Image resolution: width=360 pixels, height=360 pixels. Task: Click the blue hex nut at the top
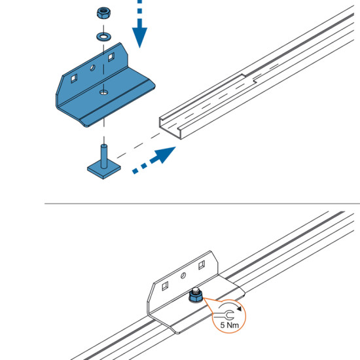(x=104, y=13)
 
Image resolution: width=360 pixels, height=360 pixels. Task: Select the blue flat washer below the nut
(x=103, y=37)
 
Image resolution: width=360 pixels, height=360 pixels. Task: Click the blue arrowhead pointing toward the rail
(x=165, y=154)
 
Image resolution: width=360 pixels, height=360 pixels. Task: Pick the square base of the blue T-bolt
(x=104, y=170)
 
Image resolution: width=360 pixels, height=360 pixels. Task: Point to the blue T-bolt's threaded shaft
(x=104, y=156)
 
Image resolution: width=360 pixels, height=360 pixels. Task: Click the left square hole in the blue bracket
(x=74, y=79)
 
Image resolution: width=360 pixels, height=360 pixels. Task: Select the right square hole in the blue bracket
(x=111, y=57)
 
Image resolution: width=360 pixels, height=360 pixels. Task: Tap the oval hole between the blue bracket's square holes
(x=92, y=67)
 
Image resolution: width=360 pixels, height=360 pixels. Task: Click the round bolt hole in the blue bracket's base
(x=103, y=92)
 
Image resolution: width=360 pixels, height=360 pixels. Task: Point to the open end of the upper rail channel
(x=170, y=127)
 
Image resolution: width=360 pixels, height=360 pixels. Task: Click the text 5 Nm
(x=229, y=325)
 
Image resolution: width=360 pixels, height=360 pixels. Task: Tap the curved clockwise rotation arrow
(x=230, y=306)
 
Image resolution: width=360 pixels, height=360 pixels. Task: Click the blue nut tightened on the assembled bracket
(x=196, y=297)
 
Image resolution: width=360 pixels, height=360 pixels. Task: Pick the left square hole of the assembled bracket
(x=165, y=286)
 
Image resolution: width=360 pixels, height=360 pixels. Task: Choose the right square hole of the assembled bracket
(x=202, y=265)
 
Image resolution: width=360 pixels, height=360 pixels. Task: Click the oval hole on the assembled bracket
(x=183, y=276)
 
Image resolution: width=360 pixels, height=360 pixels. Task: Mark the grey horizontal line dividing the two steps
(x=202, y=204)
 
